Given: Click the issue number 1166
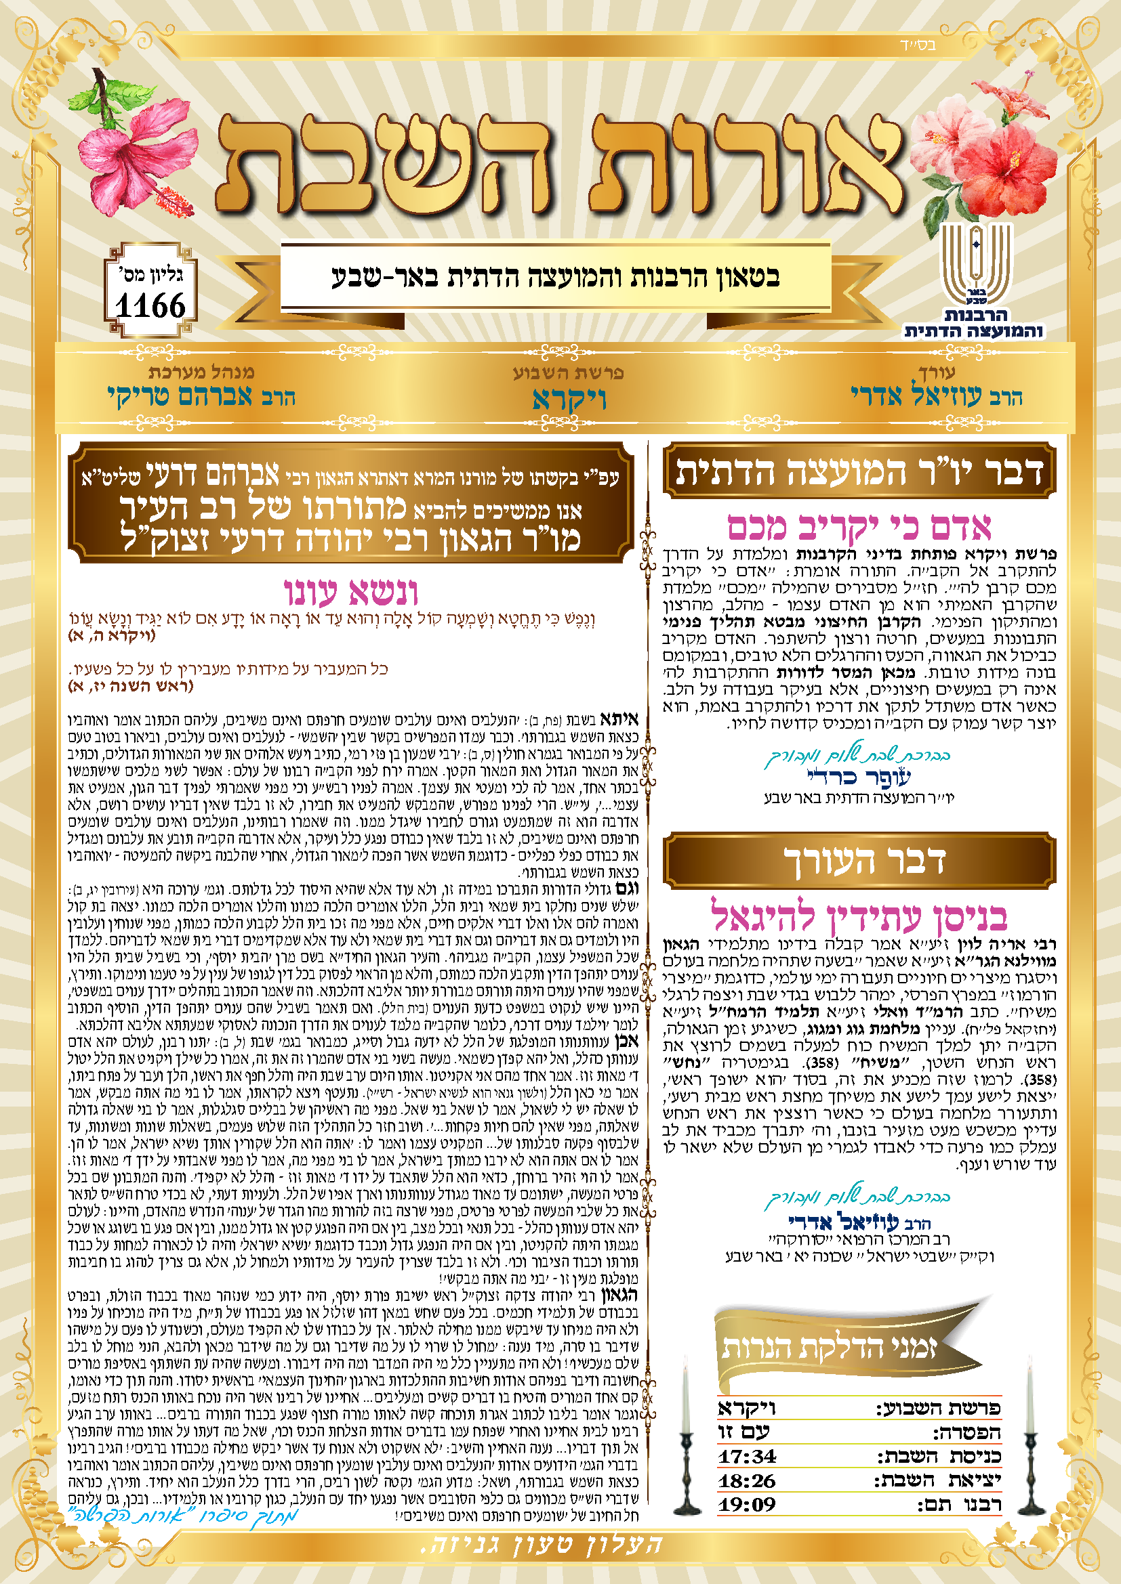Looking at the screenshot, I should [x=150, y=305].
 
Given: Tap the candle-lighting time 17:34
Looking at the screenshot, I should [x=747, y=1456].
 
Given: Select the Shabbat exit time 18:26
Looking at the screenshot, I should [x=747, y=1480].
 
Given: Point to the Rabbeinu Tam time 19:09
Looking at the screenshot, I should [x=747, y=1504].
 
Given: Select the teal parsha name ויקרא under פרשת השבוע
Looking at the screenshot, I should [x=569, y=400].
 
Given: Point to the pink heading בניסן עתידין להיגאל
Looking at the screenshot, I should [x=859, y=916].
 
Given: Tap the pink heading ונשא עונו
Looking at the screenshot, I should [x=351, y=592].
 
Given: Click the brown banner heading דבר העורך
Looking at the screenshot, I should [x=859, y=859].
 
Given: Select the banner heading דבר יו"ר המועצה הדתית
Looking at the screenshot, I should [x=859, y=471].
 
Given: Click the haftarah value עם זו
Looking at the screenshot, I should [x=743, y=1432].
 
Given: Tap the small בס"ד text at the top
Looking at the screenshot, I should [x=918, y=46].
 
